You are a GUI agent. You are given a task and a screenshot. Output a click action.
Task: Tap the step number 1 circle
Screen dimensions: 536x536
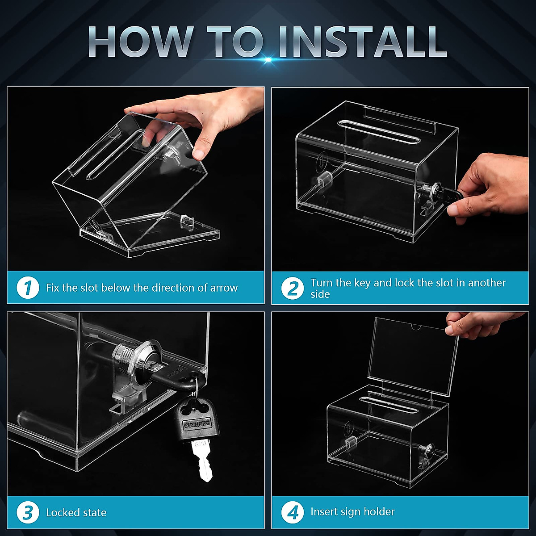[x=28, y=288]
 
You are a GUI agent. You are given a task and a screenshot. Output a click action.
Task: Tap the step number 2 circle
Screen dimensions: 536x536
[x=293, y=289]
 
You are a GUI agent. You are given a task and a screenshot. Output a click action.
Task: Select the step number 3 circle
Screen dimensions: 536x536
[x=28, y=512]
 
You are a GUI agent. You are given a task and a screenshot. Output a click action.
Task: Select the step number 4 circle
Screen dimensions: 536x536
[x=293, y=512]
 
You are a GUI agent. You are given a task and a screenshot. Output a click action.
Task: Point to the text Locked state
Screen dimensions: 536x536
[x=76, y=512]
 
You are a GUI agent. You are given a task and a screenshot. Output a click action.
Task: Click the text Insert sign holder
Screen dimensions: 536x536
[x=352, y=512]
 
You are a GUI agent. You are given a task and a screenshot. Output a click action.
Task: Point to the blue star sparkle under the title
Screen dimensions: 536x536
[x=268, y=59]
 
